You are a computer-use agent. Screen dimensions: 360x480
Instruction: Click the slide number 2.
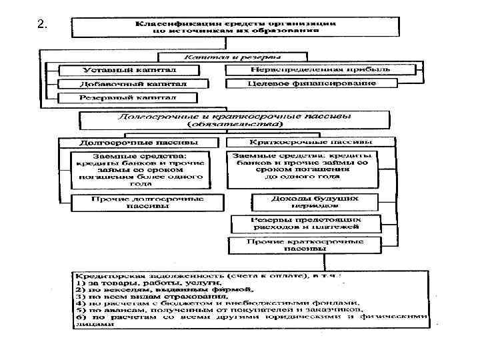click(42, 25)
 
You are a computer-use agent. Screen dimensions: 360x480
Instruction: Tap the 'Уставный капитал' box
click(129, 70)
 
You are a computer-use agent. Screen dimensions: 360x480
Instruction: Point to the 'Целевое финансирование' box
click(311, 84)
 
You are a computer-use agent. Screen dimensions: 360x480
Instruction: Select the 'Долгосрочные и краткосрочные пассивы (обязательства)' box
click(234, 120)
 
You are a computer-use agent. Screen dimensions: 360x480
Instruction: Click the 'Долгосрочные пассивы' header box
click(139, 143)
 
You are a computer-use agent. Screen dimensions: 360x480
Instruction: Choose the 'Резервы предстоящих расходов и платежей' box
click(306, 223)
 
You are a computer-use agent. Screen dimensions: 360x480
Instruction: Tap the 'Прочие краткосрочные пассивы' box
click(305, 245)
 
